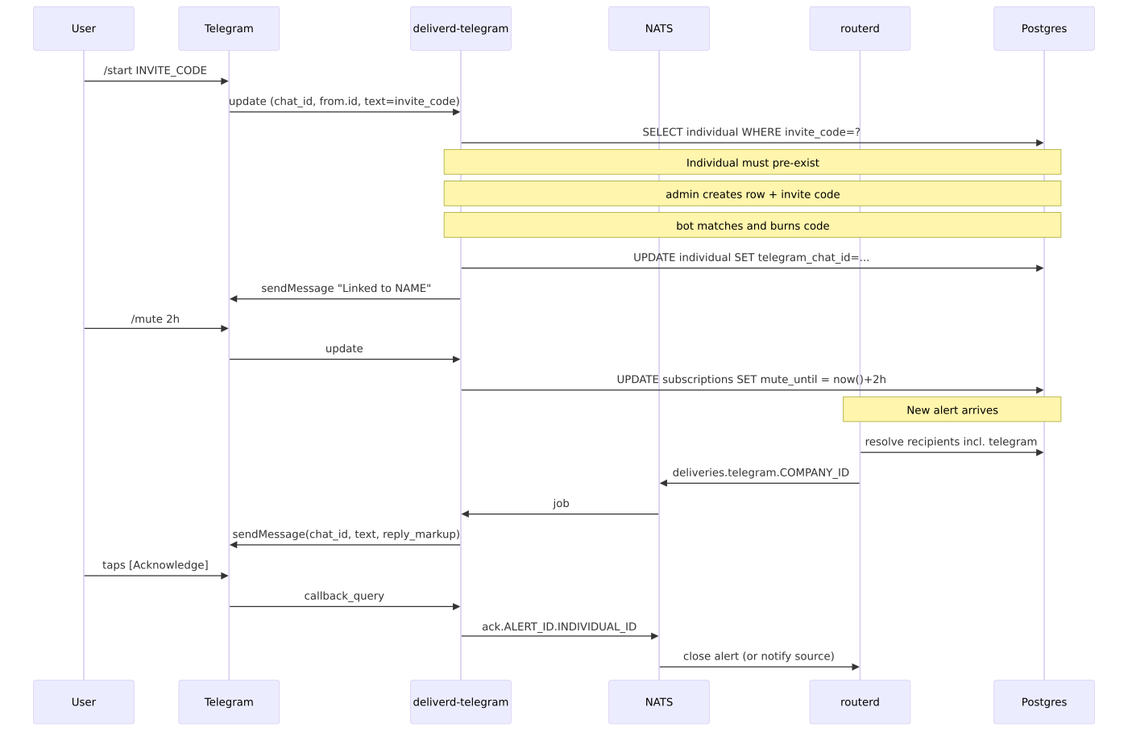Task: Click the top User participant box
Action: tap(84, 29)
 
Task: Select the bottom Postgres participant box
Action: tap(1044, 702)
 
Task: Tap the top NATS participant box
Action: tap(659, 29)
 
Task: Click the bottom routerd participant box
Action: tap(860, 702)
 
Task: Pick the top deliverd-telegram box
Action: tap(461, 29)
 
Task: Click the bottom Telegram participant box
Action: tap(229, 702)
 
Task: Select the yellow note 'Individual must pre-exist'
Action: tap(753, 162)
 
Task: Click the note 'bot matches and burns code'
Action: tap(753, 225)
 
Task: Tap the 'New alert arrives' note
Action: tap(952, 410)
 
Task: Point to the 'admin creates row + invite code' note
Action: tap(753, 194)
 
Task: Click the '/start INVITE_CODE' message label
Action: tap(155, 70)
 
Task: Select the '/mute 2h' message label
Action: tap(155, 319)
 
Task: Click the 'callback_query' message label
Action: tap(344, 596)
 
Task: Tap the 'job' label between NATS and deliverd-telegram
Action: tap(561, 503)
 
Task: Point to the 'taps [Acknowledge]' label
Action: tap(155, 565)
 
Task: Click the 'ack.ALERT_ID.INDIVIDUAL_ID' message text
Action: tap(559, 626)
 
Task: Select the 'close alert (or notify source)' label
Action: tap(758, 656)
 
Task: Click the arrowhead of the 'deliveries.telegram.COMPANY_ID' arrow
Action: tap(662, 483)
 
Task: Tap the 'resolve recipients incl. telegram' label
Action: tap(951, 442)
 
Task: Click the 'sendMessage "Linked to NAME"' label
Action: tap(346, 288)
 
